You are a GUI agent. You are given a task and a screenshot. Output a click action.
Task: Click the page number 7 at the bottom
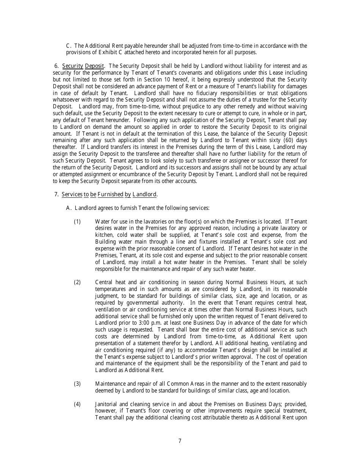pos(180,441)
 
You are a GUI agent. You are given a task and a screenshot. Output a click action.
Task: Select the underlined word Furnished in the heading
pos(110,194)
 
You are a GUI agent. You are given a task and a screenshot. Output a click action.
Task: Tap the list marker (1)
pos(77,221)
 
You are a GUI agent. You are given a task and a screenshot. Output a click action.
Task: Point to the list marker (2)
pos(77,282)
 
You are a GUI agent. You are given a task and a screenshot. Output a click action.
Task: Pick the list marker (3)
pos(77,384)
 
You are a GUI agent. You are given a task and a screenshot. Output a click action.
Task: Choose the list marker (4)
pos(77,404)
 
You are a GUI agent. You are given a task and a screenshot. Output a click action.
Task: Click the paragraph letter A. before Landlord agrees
pos(69,208)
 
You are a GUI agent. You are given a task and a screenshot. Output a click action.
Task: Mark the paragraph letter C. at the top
pos(69,46)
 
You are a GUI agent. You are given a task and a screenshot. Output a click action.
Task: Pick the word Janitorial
pos(108,404)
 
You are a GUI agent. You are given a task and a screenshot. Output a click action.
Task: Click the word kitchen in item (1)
pos(104,235)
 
